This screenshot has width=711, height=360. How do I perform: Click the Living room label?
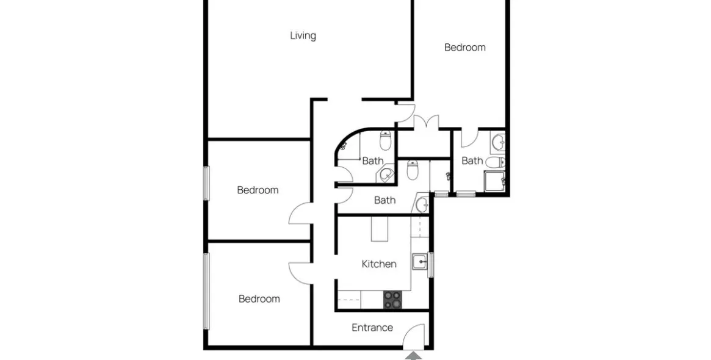coord(303,35)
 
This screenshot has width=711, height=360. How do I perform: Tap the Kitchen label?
coord(379,264)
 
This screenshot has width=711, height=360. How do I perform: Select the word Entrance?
coord(372,327)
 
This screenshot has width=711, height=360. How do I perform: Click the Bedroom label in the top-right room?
coord(465,47)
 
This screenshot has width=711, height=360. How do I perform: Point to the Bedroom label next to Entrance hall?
coord(259,299)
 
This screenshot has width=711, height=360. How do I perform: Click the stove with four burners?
coord(392,300)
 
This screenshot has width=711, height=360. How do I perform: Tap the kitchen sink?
coord(420,262)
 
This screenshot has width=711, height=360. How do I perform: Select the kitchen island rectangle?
coord(380,229)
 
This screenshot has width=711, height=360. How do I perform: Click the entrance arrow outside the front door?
coord(413,356)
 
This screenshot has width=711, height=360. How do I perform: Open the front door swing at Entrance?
coord(414,336)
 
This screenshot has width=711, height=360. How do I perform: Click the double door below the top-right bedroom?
coord(426,123)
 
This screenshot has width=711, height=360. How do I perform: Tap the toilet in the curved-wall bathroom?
coord(386,140)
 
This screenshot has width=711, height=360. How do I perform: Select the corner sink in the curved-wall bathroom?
coord(386,174)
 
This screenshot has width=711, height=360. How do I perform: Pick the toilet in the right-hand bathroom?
coord(497,162)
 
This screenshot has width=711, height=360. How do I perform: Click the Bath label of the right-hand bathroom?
coord(472,160)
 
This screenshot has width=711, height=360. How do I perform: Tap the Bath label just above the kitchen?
coord(384,200)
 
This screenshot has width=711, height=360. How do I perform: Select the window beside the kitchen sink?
coord(431,264)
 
